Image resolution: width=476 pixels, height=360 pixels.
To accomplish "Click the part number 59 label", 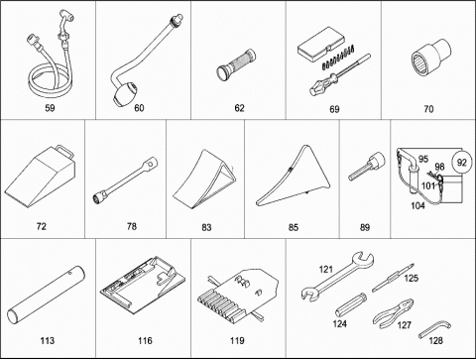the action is pos(50,108).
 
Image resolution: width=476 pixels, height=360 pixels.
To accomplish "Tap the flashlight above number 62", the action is pos(236,64).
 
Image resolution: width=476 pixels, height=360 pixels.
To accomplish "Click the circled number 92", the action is pos(461,163).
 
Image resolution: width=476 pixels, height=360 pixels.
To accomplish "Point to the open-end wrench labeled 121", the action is pos(338,276).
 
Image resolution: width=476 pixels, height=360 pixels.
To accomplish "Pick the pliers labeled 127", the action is pos(394,313).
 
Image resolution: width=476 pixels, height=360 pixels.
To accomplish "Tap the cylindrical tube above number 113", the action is pos(46,295).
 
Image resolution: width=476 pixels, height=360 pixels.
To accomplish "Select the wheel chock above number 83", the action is pos(204,180).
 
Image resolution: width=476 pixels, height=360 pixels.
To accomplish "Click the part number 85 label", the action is pos(294,227).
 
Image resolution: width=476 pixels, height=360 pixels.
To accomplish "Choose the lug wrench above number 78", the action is pos(125,180).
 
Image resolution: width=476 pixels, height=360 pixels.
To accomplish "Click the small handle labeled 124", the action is pos(351,304).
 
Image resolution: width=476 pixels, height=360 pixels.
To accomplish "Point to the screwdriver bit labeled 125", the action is pos(393,278).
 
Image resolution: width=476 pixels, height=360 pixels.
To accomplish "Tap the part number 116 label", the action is pos(145,340).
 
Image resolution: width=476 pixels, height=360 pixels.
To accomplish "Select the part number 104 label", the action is pos(417,205).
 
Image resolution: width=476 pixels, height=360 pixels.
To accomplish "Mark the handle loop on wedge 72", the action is pos(65,152).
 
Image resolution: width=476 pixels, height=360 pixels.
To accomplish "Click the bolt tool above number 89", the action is pos(367,166).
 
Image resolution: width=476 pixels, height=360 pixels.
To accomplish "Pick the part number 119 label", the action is pos(237,340).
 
